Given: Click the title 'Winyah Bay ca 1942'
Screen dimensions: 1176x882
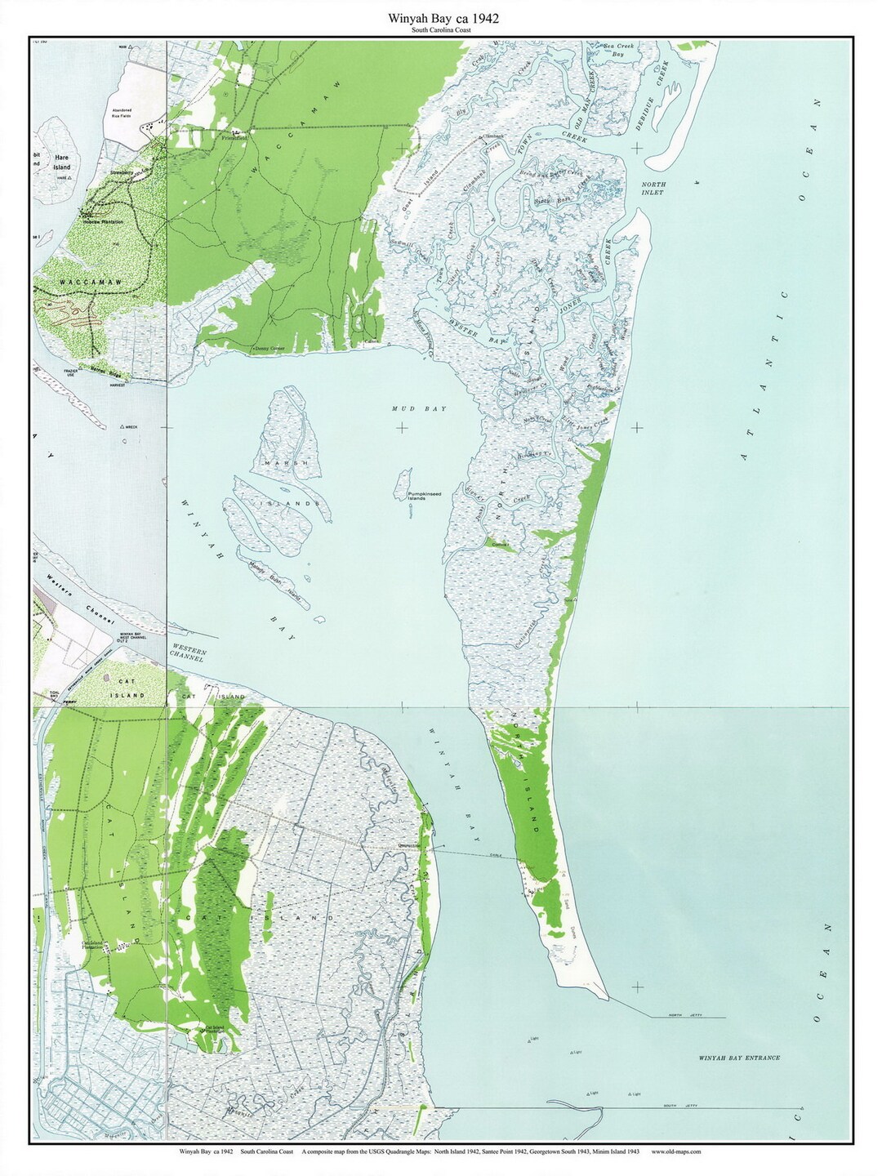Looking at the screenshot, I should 440,17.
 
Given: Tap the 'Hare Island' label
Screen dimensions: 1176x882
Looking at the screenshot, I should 62,161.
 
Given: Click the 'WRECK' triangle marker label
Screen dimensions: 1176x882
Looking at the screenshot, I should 129,426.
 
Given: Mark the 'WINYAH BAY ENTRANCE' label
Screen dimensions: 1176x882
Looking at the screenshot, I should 738,1058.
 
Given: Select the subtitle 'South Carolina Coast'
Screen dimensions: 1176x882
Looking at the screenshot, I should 440,29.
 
